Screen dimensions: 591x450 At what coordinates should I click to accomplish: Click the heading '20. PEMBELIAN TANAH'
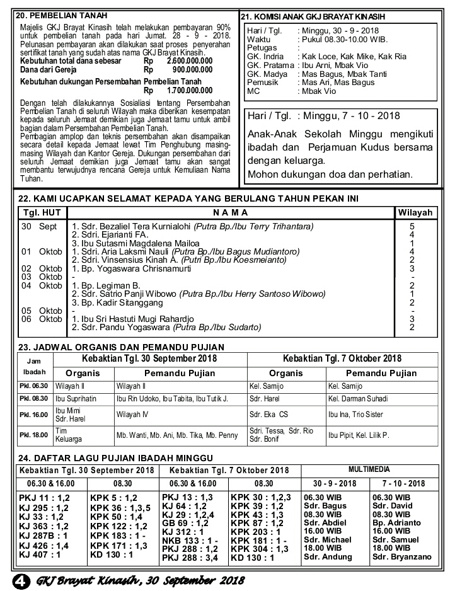(61, 15)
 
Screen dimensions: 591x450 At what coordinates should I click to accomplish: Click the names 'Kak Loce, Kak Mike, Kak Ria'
(353, 56)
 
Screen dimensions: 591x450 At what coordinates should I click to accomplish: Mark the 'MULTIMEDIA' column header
(369, 469)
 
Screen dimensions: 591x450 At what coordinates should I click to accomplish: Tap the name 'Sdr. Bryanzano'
(401, 557)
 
